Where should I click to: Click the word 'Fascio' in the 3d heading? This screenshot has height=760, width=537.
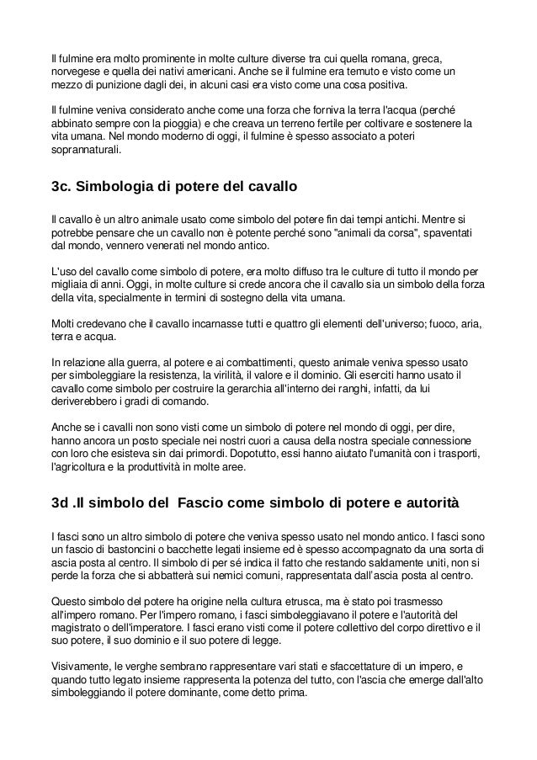[x=214, y=505]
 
